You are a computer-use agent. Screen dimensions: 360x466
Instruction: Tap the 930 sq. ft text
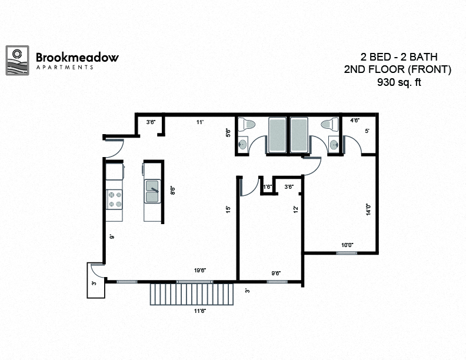tap(400, 82)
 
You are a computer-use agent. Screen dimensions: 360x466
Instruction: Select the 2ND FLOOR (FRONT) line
tap(397, 69)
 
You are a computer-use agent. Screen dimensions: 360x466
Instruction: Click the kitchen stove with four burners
tap(114, 200)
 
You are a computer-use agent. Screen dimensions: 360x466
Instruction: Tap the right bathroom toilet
tap(331, 124)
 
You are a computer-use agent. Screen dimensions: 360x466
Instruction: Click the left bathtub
tap(277, 135)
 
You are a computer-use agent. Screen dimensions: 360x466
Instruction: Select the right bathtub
tap(299, 135)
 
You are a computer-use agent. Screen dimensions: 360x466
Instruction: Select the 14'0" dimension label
tap(368, 210)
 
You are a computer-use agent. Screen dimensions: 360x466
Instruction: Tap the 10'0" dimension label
tap(347, 245)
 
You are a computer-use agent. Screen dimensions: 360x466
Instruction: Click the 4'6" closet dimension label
tap(355, 121)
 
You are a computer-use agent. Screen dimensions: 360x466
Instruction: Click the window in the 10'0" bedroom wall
tap(347, 253)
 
